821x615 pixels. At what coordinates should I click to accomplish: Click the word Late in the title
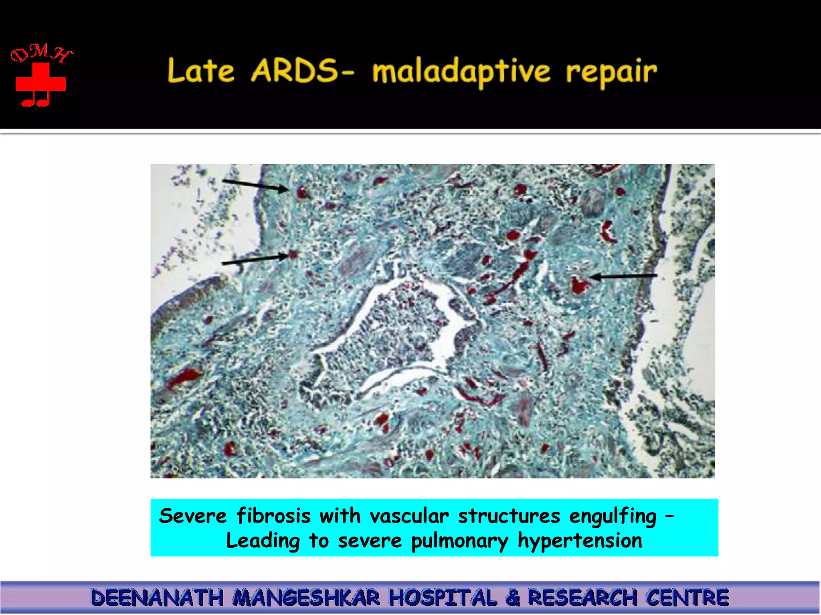[200, 71]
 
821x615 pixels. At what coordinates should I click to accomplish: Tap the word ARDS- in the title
[303, 71]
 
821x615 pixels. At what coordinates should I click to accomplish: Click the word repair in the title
[611, 73]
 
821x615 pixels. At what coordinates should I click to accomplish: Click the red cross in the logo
[40, 82]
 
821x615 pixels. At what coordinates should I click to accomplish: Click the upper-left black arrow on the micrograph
[255, 185]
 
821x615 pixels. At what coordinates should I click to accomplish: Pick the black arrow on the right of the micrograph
[623, 276]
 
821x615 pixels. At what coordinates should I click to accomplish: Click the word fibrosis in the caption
[273, 516]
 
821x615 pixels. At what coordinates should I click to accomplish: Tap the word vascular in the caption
[409, 516]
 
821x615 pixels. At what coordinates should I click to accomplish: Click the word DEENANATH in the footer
[157, 598]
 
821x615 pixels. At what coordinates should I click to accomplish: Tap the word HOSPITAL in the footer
[443, 598]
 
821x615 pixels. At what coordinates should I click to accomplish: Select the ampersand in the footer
[512, 598]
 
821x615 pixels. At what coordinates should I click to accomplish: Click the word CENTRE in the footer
[687, 598]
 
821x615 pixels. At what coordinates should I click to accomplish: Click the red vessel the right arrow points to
[578, 285]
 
